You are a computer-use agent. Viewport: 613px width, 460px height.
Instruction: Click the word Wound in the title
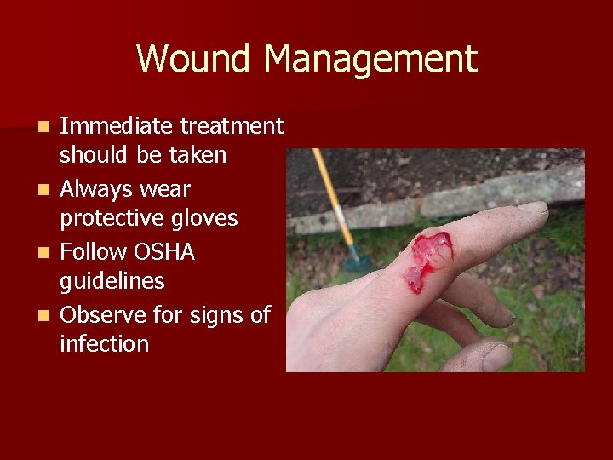point(194,60)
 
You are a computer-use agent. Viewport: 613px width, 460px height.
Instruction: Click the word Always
point(100,188)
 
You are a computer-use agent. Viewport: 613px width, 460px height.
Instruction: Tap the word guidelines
point(112,282)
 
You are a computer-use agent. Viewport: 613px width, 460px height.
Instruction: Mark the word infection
point(104,344)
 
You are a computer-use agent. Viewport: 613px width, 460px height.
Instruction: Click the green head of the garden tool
point(358,259)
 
